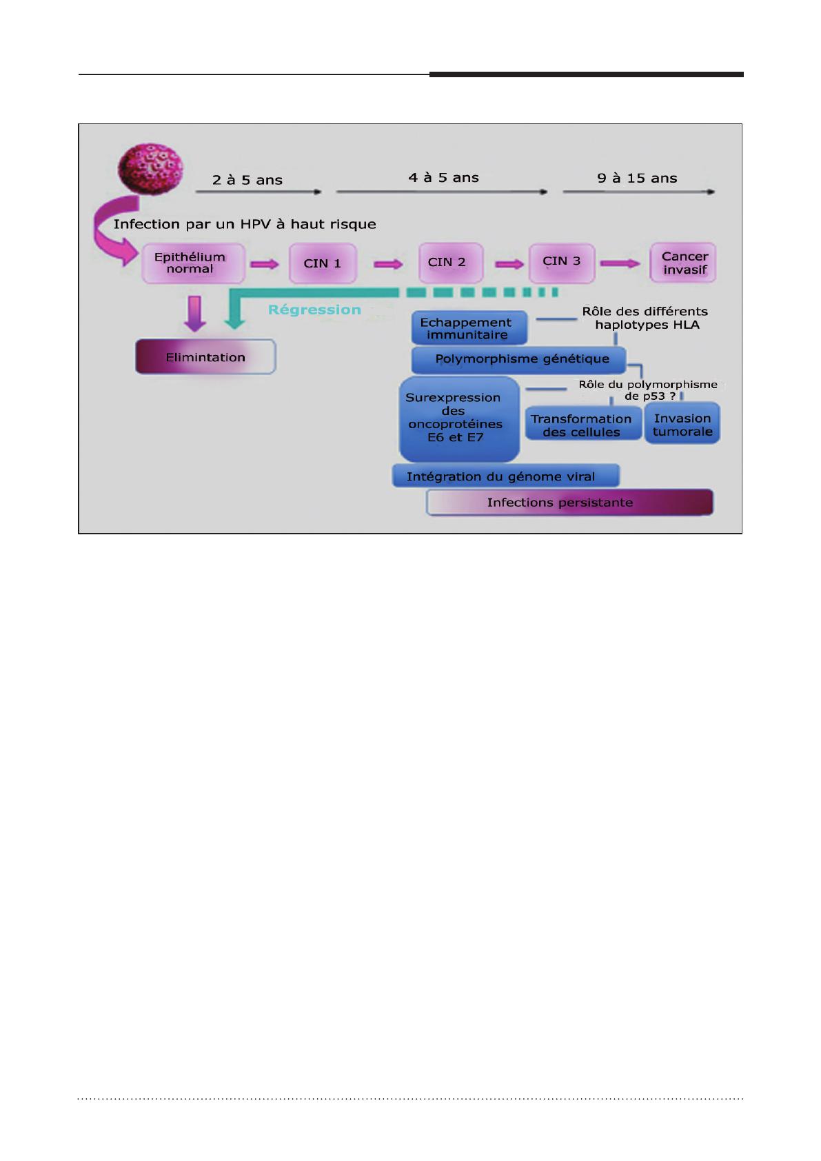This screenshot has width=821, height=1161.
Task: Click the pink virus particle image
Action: click(x=151, y=169)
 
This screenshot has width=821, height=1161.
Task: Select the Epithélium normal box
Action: click(x=193, y=263)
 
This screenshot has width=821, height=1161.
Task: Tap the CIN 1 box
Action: click(x=323, y=263)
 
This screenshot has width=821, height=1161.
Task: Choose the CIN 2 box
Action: click(x=450, y=263)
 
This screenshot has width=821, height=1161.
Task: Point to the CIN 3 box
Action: click(x=561, y=263)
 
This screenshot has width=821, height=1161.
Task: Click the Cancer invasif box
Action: click(x=683, y=263)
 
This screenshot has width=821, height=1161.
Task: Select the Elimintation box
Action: click(x=205, y=356)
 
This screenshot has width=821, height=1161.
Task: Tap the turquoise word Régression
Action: click(x=314, y=310)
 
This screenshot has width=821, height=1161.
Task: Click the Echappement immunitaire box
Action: click(x=469, y=327)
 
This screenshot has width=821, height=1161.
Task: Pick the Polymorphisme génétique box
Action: click(x=519, y=360)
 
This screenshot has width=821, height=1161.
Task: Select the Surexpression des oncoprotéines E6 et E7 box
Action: click(x=460, y=418)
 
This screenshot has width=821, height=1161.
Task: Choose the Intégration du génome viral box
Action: click(x=506, y=476)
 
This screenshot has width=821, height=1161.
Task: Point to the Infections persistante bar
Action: click(x=569, y=502)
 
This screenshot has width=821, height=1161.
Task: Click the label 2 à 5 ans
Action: click(x=247, y=180)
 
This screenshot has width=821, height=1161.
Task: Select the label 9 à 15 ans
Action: click(x=637, y=179)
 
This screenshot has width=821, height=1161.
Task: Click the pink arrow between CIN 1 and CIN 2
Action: click(x=388, y=264)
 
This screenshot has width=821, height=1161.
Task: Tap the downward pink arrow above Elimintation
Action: click(x=195, y=314)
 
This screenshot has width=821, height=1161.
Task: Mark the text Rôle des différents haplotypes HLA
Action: click(x=645, y=318)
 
